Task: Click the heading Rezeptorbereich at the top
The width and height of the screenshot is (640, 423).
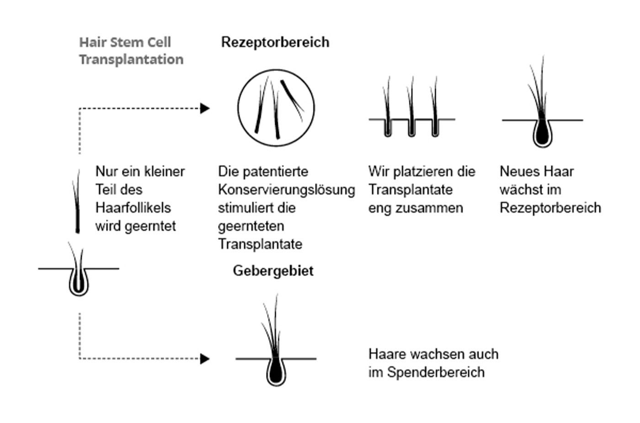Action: (x=275, y=43)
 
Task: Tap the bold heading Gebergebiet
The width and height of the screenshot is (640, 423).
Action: (x=273, y=271)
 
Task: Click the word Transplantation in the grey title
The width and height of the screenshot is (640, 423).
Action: (x=132, y=60)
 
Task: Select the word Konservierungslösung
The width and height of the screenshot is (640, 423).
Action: (x=287, y=190)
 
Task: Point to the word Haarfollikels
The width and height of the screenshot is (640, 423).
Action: (x=133, y=208)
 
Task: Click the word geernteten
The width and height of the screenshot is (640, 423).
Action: (x=251, y=227)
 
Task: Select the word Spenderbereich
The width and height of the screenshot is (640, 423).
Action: (x=436, y=372)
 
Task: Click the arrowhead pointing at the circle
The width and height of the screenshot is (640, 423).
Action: (x=205, y=108)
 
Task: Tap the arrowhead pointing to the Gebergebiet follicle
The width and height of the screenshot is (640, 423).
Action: (x=205, y=358)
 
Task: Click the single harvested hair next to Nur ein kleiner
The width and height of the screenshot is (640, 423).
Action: (x=77, y=206)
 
